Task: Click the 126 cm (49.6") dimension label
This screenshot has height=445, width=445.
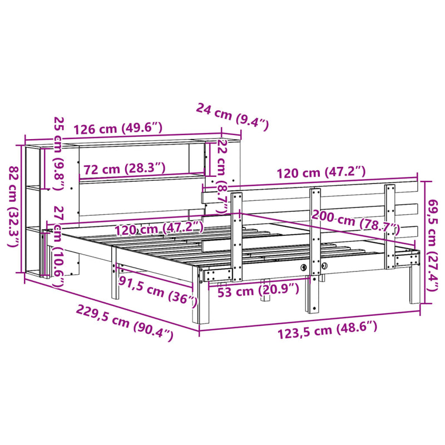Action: point(117,128)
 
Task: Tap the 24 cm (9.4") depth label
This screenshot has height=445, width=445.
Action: point(232,115)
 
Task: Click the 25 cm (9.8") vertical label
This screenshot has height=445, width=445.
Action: point(58,153)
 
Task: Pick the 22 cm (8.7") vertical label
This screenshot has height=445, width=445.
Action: point(222,176)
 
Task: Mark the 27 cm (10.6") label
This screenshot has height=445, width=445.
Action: point(58,245)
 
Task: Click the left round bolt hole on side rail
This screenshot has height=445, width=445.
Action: point(303,268)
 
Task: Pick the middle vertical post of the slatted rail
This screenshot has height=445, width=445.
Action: point(315,250)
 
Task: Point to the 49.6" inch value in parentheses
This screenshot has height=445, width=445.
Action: point(141,128)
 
